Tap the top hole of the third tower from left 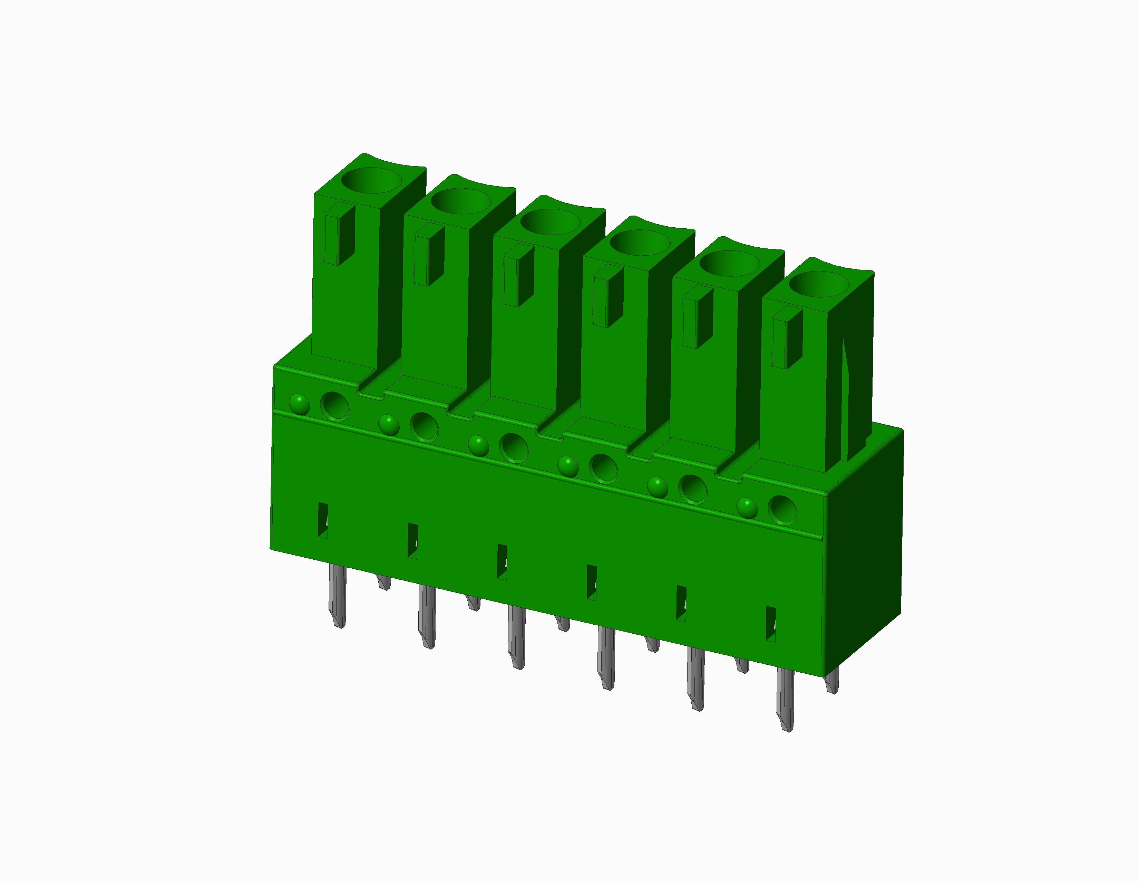550,222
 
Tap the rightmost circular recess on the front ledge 782,510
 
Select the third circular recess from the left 514,447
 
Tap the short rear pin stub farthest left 384,582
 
